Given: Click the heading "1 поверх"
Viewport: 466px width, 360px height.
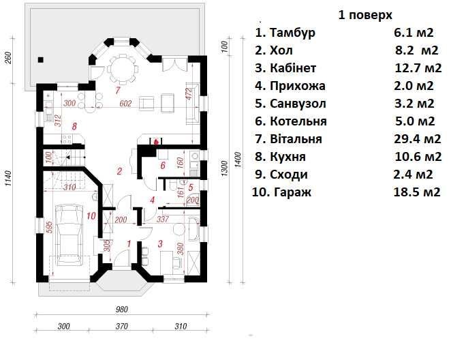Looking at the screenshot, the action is (365, 15).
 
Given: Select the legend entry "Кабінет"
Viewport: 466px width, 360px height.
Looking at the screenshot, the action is (293, 68).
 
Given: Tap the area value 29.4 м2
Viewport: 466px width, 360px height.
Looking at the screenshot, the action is (418, 139).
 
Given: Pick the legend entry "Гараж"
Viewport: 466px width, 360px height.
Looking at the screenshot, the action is (292, 192).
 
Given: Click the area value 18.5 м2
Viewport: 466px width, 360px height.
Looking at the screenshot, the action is (417, 192).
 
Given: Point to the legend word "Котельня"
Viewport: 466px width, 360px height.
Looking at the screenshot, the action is (298, 121).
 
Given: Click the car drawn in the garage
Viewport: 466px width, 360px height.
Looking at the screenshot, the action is (69, 235).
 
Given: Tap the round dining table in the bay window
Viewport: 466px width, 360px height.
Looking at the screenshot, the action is (122, 69).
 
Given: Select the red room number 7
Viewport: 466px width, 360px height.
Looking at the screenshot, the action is (118, 90).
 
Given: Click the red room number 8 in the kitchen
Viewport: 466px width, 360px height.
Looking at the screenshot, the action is (74, 126).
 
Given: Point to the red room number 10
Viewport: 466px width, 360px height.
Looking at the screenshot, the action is (91, 215).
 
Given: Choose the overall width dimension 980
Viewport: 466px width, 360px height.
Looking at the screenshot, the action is (121, 310).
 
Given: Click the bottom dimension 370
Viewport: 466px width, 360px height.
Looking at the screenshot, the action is (121, 326).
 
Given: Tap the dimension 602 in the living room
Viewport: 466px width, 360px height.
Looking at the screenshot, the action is (125, 104).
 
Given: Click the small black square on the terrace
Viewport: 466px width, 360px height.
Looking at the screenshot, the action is (41, 60).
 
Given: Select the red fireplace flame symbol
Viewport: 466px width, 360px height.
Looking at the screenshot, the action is (155, 142).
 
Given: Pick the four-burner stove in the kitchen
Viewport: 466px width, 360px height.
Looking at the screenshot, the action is (67, 139).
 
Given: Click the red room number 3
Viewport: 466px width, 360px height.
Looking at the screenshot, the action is (160, 244).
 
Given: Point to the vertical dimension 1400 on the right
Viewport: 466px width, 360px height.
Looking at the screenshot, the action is (238, 160).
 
